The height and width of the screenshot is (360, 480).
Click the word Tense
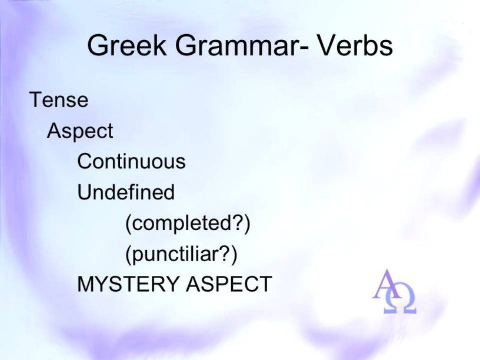(x=59, y=100)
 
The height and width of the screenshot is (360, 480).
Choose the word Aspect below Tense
(x=80, y=131)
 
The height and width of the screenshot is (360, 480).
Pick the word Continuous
(x=131, y=161)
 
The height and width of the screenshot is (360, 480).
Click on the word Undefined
(x=126, y=192)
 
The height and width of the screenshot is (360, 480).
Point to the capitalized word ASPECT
(x=229, y=284)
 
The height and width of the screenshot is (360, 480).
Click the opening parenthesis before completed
(x=129, y=224)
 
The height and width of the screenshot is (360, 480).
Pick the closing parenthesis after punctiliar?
(x=234, y=255)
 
